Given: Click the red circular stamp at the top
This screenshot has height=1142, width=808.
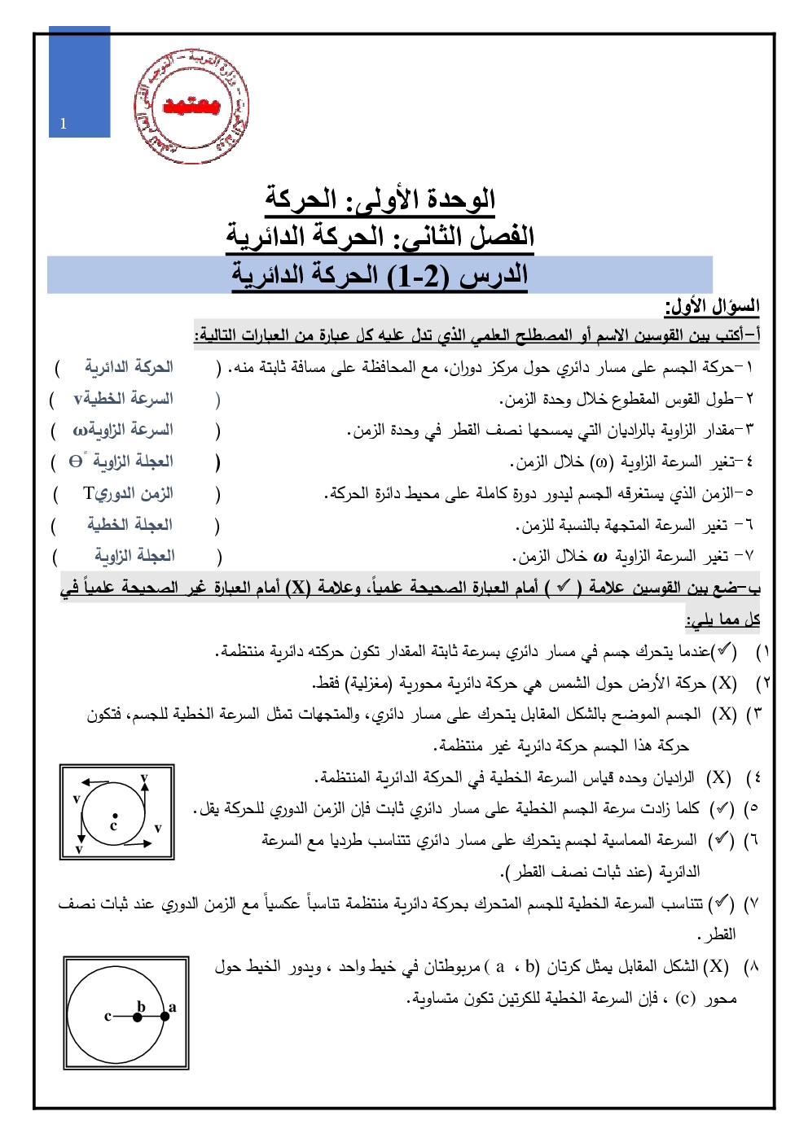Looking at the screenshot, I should click(x=191, y=106).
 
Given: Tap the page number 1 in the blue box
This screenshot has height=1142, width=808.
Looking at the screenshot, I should click(x=64, y=124).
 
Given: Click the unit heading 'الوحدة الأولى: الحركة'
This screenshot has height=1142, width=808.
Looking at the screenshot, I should click(x=380, y=199).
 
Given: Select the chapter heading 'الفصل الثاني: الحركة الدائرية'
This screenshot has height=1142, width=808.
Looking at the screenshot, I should click(x=380, y=237).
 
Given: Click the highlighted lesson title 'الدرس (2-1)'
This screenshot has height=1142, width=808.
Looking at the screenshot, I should click(x=380, y=275).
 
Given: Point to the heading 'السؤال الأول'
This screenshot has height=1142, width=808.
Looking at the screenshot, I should click(x=712, y=307).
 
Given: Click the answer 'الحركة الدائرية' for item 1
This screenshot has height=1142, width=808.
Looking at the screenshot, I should click(x=129, y=367).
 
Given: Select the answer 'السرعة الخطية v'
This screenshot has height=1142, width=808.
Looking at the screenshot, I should click(x=124, y=398).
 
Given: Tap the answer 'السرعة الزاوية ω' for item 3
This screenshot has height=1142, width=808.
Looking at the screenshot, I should click(x=123, y=430).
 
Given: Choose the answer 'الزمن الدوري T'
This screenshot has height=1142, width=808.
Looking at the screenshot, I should click(x=128, y=493).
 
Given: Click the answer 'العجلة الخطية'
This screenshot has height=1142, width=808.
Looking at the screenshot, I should click(x=130, y=524).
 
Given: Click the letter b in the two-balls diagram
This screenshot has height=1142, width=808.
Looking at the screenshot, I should click(x=141, y=1007).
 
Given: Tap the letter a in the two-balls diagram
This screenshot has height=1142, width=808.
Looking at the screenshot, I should click(x=172, y=1007).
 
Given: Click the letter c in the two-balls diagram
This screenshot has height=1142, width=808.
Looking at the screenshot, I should click(x=108, y=1016).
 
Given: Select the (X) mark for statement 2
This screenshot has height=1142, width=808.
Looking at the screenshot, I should click(x=724, y=683).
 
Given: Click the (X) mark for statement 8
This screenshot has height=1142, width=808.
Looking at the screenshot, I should click(x=716, y=966).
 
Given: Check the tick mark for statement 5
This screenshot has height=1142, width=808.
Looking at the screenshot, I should click(x=722, y=808).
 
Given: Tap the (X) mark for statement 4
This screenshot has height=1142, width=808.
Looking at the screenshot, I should click(x=718, y=777).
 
